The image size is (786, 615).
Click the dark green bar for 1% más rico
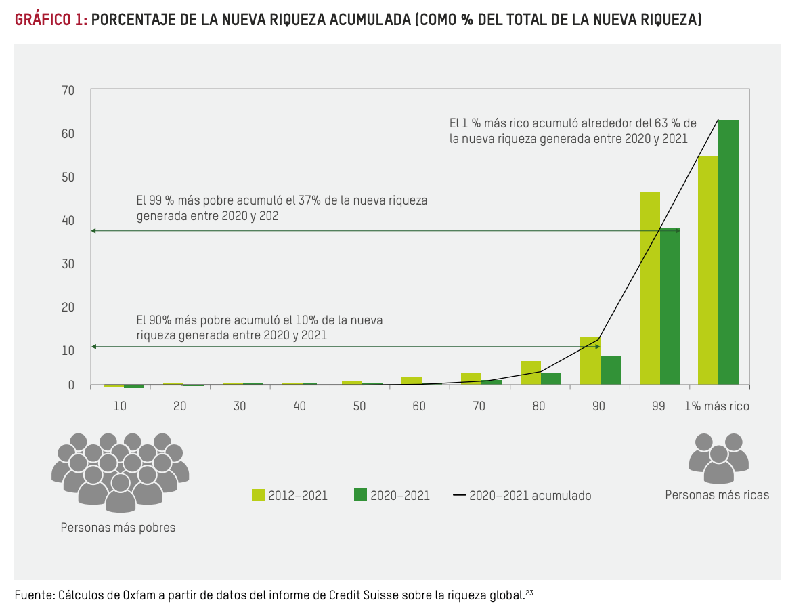728,252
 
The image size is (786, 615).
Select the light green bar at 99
649,288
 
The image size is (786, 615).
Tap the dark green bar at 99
670,306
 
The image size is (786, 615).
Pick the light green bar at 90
590,361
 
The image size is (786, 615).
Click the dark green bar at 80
550,379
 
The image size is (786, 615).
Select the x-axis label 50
359,406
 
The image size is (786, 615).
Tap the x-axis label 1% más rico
716,406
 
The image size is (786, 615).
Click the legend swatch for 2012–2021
258,495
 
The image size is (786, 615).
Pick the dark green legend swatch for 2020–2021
360,495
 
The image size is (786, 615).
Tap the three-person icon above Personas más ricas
718,457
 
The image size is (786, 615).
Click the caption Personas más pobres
118,528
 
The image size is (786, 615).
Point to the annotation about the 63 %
573,131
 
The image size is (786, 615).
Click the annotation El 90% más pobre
260,327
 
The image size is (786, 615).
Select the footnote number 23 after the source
529,593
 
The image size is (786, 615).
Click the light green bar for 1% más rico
707,270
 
